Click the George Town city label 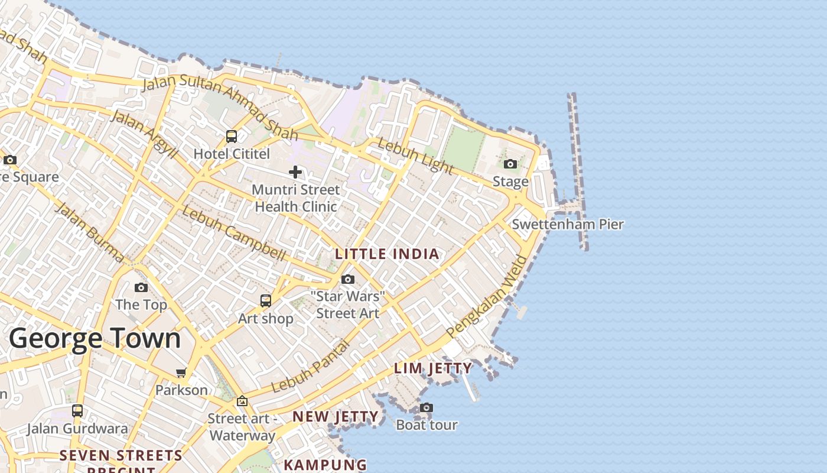[x=95, y=339]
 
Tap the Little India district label [x=387, y=254]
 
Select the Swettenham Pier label [x=567, y=225]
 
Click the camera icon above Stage [x=510, y=164]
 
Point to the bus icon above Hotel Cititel [x=232, y=137]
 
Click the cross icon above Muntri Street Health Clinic [x=295, y=172]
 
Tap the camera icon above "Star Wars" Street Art [x=348, y=279]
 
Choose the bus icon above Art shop [x=266, y=301]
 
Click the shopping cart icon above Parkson [x=181, y=372]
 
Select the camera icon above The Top [x=141, y=287]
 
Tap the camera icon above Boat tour [x=426, y=407]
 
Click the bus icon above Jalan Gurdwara [x=77, y=411]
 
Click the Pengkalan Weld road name [x=488, y=297]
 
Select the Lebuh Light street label [x=415, y=157]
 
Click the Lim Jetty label [x=433, y=368]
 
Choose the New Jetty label [x=336, y=417]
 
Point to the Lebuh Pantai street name [x=310, y=367]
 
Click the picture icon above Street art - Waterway [x=242, y=401]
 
